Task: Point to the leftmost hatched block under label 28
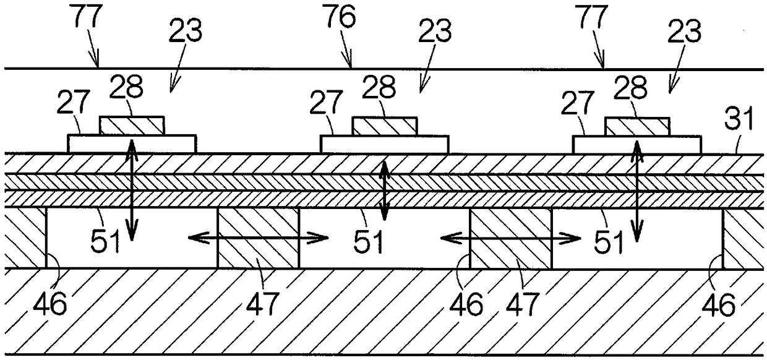pyautogui.click(x=132, y=126)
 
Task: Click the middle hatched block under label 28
pyautogui.click(x=384, y=126)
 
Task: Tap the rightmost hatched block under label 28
pyautogui.click(x=636, y=126)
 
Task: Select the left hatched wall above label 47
pyautogui.click(x=258, y=238)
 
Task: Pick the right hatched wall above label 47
pyautogui.click(x=511, y=238)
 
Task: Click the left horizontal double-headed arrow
pyautogui.click(x=257, y=236)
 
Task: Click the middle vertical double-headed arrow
pyautogui.click(x=384, y=190)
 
